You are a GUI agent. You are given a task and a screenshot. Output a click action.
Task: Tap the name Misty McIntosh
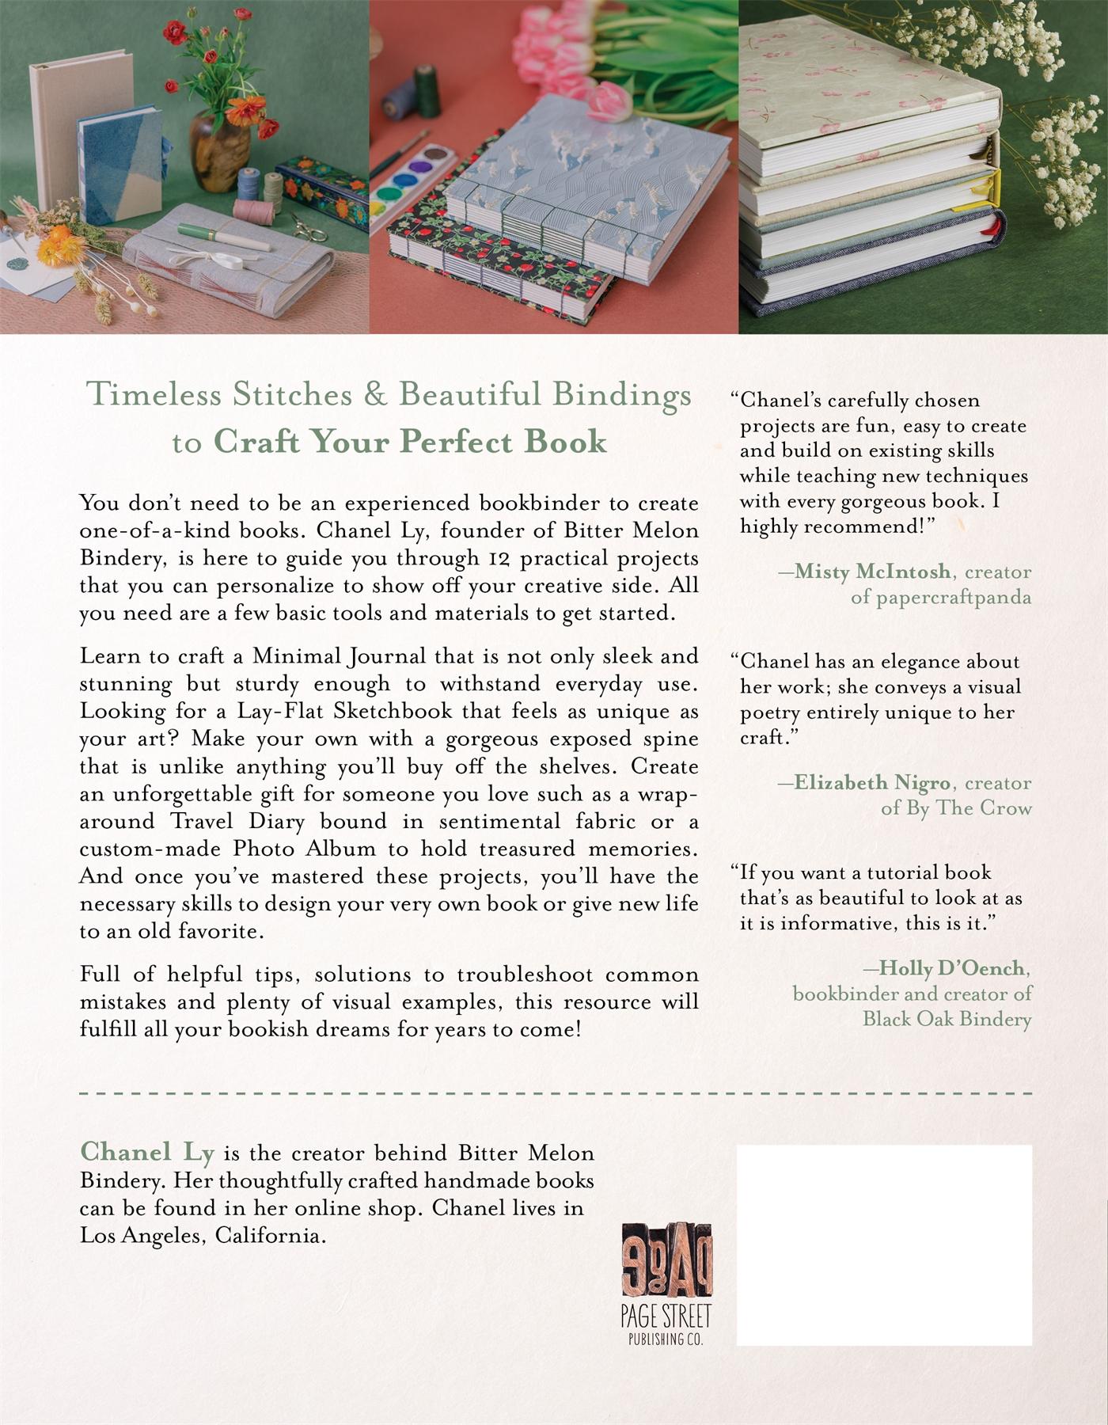[x=872, y=572]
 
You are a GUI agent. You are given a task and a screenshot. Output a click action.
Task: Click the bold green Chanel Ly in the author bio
[x=147, y=1153]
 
